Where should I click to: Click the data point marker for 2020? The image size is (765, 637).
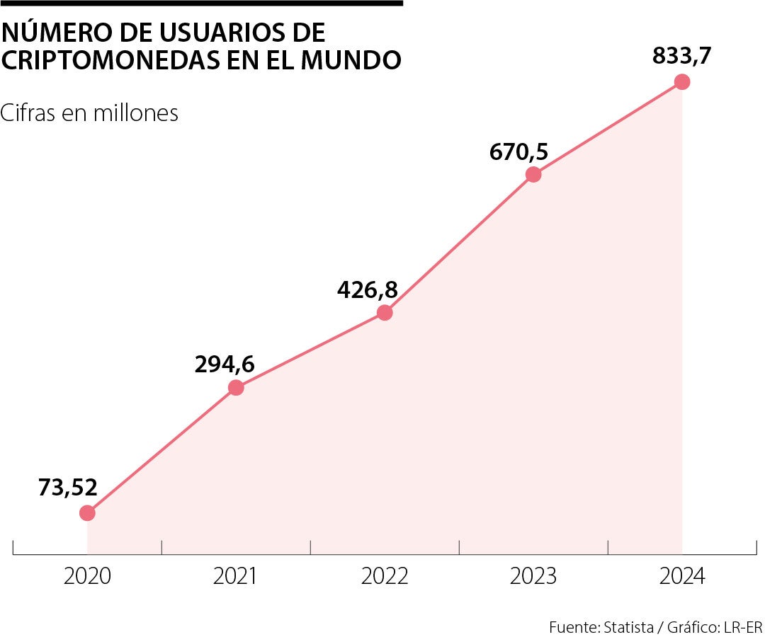click(x=87, y=512)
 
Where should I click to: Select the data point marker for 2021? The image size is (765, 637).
click(x=236, y=387)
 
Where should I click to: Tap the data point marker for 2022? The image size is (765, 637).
click(x=385, y=312)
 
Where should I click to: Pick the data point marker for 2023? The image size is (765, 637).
click(x=533, y=174)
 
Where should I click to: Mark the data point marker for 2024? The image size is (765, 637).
click(x=682, y=81)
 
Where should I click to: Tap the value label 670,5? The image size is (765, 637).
click(x=519, y=151)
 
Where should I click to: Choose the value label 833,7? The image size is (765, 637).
click(x=681, y=57)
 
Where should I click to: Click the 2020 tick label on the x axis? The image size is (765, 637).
click(x=87, y=577)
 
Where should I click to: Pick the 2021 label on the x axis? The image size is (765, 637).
click(x=236, y=577)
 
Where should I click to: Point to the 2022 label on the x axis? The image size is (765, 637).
click(x=385, y=577)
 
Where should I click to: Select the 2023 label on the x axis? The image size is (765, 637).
click(x=533, y=577)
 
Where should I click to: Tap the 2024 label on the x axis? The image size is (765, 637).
click(x=682, y=577)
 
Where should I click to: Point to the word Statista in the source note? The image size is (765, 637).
click(x=625, y=627)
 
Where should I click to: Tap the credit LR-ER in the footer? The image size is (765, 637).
click(x=744, y=627)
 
